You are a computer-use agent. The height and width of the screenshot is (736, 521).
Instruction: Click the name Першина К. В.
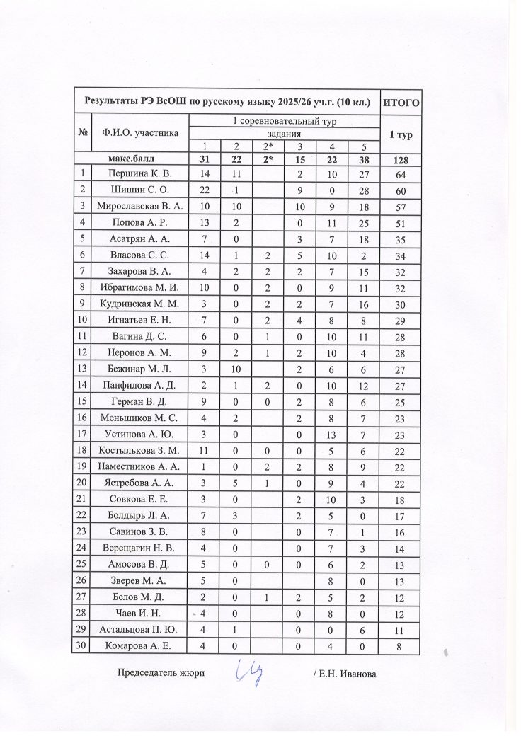[139, 173]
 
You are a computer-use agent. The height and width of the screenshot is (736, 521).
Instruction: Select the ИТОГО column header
[401, 103]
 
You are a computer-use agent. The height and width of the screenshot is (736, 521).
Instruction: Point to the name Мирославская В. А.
[139, 206]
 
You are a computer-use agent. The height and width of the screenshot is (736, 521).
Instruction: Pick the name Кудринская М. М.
[139, 303]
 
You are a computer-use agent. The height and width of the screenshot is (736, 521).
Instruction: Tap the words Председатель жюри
[161, 673]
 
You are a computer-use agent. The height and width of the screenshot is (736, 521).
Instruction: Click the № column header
[84, 132]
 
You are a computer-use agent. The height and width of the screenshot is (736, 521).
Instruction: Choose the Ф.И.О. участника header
[139, 132]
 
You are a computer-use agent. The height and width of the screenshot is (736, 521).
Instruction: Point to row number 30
[84, 645]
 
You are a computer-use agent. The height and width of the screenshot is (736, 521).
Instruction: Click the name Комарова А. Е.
[139, 645]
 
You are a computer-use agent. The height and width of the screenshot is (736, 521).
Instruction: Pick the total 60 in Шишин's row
[400, 190]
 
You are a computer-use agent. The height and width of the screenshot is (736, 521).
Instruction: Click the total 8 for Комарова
[400, 645]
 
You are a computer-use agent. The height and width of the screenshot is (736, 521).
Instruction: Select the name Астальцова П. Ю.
[139, 628]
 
